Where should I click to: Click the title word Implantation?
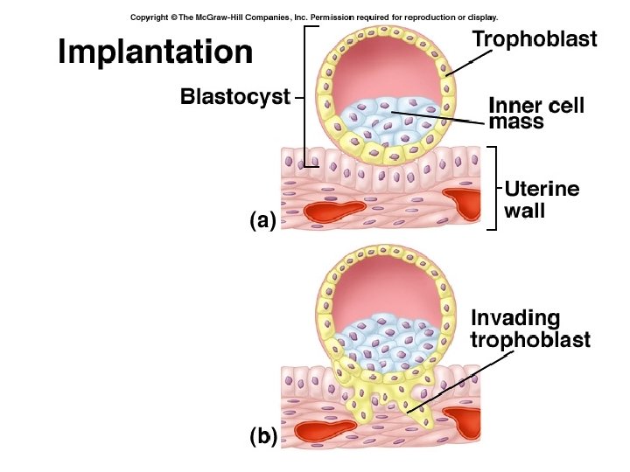[x=156, y=52]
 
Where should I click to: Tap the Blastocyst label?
[x=235, y=97]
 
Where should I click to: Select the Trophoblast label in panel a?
[x=535, y=39]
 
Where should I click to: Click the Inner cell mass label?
[x=536, y=113]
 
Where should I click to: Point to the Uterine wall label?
[x=542, y=199]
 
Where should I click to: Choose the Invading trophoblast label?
[x=530, y=329]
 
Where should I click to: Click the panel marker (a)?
[x=263, y=220]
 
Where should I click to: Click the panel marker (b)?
[x=263, y=436]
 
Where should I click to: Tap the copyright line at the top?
[x=314, y=17]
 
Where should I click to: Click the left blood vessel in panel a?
[x=334, y=211]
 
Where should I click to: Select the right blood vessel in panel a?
[x=464, y=203]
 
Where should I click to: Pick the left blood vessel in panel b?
[x=324, y=431]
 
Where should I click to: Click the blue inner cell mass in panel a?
[x=387, y=121]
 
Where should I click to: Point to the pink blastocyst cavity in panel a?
[x=384, y=69]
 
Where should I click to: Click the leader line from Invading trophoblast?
[x=460, y=383]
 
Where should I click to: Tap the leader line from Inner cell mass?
[x=438, y=118]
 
